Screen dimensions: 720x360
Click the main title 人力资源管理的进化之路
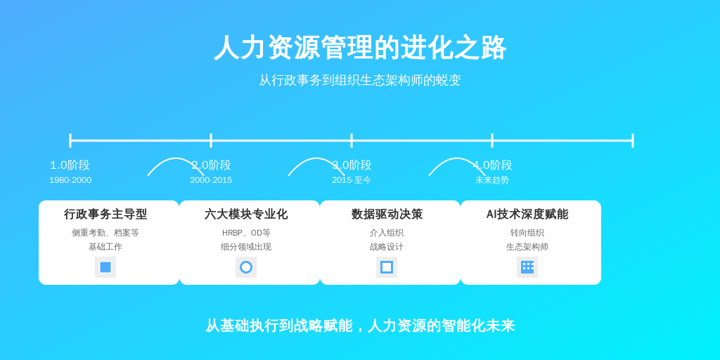(x=360, y=47)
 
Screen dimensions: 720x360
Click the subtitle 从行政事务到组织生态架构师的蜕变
(x=360, y=80)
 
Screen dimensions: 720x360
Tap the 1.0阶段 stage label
(x=70, y=165)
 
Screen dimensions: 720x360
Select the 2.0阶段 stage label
(x=211, y=165)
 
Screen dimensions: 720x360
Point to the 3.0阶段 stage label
(x=352, y=165)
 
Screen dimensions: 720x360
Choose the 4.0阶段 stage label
(x=492, y=165)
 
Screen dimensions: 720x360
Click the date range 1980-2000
(x=70, y=180)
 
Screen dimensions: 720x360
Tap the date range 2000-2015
(x=211, y=180)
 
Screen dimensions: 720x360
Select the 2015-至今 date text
(x=352, y=180)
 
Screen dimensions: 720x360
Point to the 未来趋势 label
(x=492, y=180)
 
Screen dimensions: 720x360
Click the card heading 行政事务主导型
(x=105, y=214)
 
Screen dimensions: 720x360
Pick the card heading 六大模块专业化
(x=246, y=214)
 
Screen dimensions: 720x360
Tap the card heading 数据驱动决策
(x=387, y=214)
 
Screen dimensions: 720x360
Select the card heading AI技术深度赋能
(x=527, y=214)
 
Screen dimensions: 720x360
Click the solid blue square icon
(x=105, y=267)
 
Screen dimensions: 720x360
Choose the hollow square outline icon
(x=382, y=267)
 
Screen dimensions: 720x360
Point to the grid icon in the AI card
(x=527, y=267)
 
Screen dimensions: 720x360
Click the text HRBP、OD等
(x=246, y=233)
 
